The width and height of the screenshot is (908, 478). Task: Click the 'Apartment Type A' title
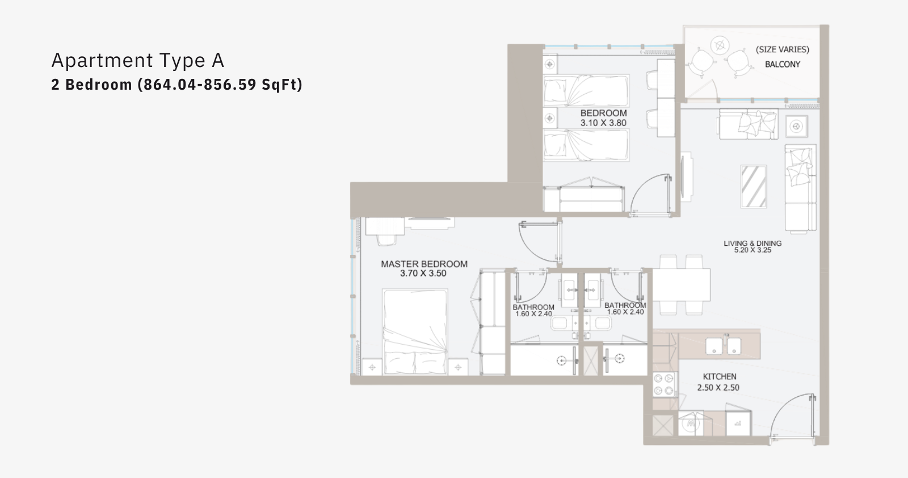pos(138,61)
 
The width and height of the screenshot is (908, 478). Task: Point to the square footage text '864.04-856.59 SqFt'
pos(221,85)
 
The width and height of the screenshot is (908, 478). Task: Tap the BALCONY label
pos(783,65)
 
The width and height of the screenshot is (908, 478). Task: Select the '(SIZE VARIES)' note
pos(783,49)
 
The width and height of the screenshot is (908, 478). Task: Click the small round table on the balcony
pos(720,45)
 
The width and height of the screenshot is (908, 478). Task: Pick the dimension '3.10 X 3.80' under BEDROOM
pos(603,123)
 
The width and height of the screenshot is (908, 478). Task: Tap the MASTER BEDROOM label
pos(424,264)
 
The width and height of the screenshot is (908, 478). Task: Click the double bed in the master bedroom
pos(415,332)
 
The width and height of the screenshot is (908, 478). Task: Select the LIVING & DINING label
pos(753,243)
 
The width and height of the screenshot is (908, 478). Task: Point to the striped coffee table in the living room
pos(754,187)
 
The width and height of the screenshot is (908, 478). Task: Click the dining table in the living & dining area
pos(681,284)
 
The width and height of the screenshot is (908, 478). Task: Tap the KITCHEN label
pos(720,376)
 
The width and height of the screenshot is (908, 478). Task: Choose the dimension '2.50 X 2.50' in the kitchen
pos(718,388)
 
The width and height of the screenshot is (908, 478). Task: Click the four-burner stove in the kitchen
pos(664,385)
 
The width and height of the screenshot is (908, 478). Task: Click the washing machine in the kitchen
pos(690,424)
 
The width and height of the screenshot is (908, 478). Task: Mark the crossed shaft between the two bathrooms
pos(590,360)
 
